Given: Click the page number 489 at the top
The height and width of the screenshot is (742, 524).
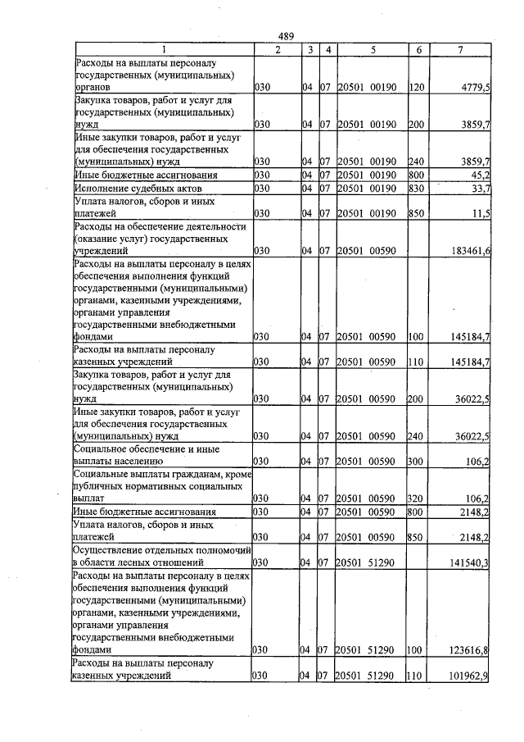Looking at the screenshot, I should [x=286, y=35].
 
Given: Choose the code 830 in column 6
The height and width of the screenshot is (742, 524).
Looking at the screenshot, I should [x=415, y=189].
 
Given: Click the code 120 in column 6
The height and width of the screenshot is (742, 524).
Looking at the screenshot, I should [x=415, y=85].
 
